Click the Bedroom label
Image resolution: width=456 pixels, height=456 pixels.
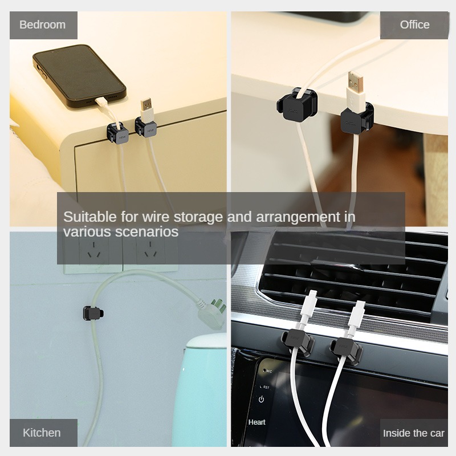43,25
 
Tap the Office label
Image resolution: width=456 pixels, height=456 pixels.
414,25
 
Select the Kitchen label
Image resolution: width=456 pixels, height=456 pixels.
42,433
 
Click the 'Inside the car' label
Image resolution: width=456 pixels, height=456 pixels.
413,433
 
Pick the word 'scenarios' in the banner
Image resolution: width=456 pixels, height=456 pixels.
149,232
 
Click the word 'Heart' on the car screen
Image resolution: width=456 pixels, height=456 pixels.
257,422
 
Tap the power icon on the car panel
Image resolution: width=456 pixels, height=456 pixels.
261,400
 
